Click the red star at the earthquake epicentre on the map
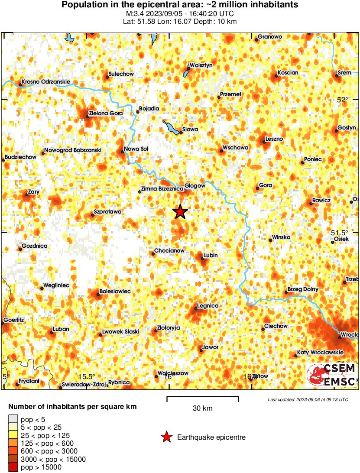pyautogui.click(x=180, y=212)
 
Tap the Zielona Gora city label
pyautogui.click(x=105, y=114)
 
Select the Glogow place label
pyautogui.click(x=195, y=185)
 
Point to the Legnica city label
pyautogui.click(x=208, y=306)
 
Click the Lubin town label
pyautogui.click(x=211, y=256)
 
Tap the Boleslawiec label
pyautogui.click(x=115, y=292)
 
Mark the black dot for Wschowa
pyautogui.click(x=221, y=151)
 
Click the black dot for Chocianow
pyautogui.click(x=153, y=254)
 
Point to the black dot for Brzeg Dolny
pyautogui.click(x=286, y=292)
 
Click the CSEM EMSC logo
pyautogui.click(x=331, y=375)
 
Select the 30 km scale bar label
pyautogui.click(x=202, y=408)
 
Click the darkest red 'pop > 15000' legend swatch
pyautogui.click(x=13, y=467)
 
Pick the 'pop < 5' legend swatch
pyautogui.click(x=13, y=419)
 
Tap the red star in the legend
pyautogui.click(x=166, y=437)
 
